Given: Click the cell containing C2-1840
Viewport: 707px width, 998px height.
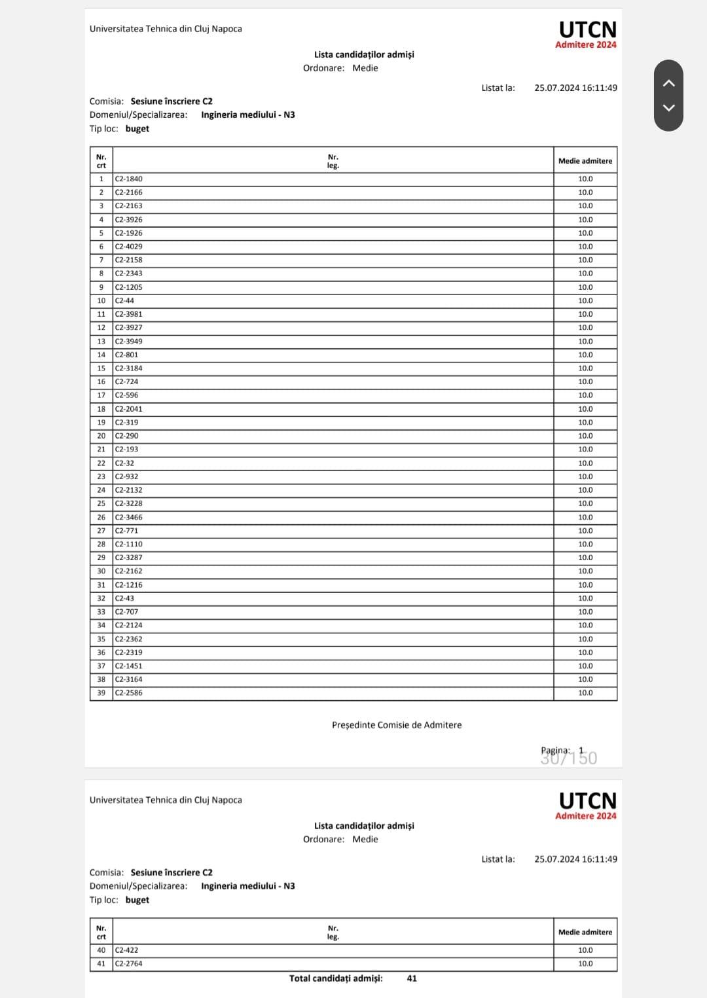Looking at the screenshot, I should coord(129,179).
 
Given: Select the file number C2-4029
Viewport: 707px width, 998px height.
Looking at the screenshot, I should coord(129,247).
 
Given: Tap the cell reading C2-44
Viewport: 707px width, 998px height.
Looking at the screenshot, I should coord(125,300).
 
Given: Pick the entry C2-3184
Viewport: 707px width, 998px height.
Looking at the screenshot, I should coord(129,368).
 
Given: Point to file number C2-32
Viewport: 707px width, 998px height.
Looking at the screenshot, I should coord(125,463).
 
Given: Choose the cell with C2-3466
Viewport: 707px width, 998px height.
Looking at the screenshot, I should coord(129,517).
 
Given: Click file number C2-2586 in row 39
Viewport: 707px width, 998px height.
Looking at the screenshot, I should coord(129,692).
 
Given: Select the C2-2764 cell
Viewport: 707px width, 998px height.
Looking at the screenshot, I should coord(129,963).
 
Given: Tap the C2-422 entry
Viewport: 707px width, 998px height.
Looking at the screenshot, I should coord(127,950).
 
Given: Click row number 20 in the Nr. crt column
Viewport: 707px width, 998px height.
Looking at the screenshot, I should coord(101,436).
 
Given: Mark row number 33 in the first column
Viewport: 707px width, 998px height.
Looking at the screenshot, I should coord(101,612).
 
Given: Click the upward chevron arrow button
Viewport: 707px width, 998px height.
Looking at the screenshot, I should coord(668,83).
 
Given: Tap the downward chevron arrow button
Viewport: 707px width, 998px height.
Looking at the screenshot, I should coord(668,108).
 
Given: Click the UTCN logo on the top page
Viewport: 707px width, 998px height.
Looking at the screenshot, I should coord(587,30).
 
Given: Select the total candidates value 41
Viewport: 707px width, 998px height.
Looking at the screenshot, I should coord(412,978).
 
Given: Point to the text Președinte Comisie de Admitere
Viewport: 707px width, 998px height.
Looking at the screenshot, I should coord(397,725).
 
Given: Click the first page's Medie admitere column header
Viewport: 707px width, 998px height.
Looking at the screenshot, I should coord(585,161).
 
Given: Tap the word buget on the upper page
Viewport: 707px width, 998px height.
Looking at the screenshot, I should coord(137,129).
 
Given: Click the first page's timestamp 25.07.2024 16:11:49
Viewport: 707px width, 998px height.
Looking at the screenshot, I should coord(575,88).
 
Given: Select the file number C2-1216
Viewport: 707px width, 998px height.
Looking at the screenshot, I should coord(129,585).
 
